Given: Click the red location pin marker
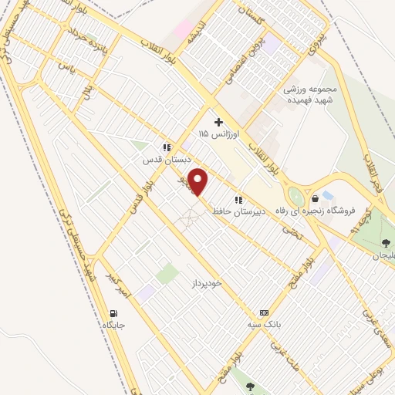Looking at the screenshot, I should click(199, 182).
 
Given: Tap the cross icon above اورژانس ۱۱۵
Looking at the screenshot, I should click(219, 122).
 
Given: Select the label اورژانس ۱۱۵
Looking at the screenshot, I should click(220, 134).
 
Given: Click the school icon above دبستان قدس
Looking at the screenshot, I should click(166, 147).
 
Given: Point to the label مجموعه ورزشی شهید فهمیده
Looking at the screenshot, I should click(309, 94).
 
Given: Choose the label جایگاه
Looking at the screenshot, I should click(113, 326).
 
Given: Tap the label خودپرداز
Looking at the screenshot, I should click(207, 284).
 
